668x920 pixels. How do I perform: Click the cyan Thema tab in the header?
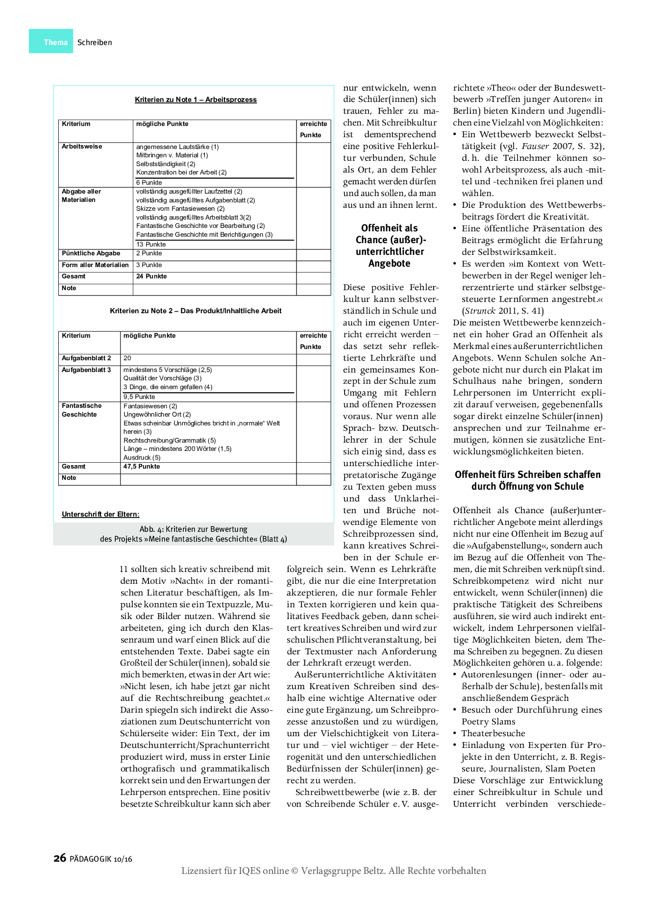click(x=51, y=42)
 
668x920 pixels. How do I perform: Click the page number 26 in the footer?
click(x=60, y=858)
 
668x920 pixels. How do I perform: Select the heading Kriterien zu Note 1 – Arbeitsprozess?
click(x=196, y=99)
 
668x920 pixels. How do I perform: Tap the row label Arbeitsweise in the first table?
click(x=82, y=147)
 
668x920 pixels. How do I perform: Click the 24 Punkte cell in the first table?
click(x=151, y=276)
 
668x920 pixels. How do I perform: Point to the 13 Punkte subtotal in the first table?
click(x=151, y=244)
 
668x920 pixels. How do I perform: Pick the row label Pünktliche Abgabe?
click(x=91, y=253)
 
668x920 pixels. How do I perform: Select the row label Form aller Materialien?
click(x=95, y=265)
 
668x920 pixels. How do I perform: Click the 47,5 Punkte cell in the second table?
click(x=142, y=467)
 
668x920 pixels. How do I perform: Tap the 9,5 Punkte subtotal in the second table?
click(x=139, y=397)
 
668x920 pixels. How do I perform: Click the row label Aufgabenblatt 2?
click(x=86, y=358)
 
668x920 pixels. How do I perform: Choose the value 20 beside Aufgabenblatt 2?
click(x=127, y=358)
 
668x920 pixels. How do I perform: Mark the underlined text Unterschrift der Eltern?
click(x=100, y=514)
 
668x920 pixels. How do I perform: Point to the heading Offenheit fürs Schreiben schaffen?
click(x=527, y=474)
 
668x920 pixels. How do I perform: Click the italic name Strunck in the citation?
click(x=480, y=311)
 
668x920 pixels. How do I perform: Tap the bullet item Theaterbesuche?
click(x=493, y=733)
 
